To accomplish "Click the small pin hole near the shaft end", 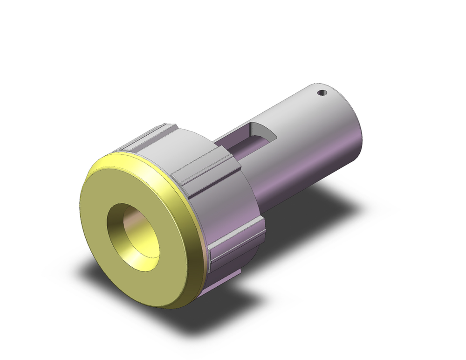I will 321,93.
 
